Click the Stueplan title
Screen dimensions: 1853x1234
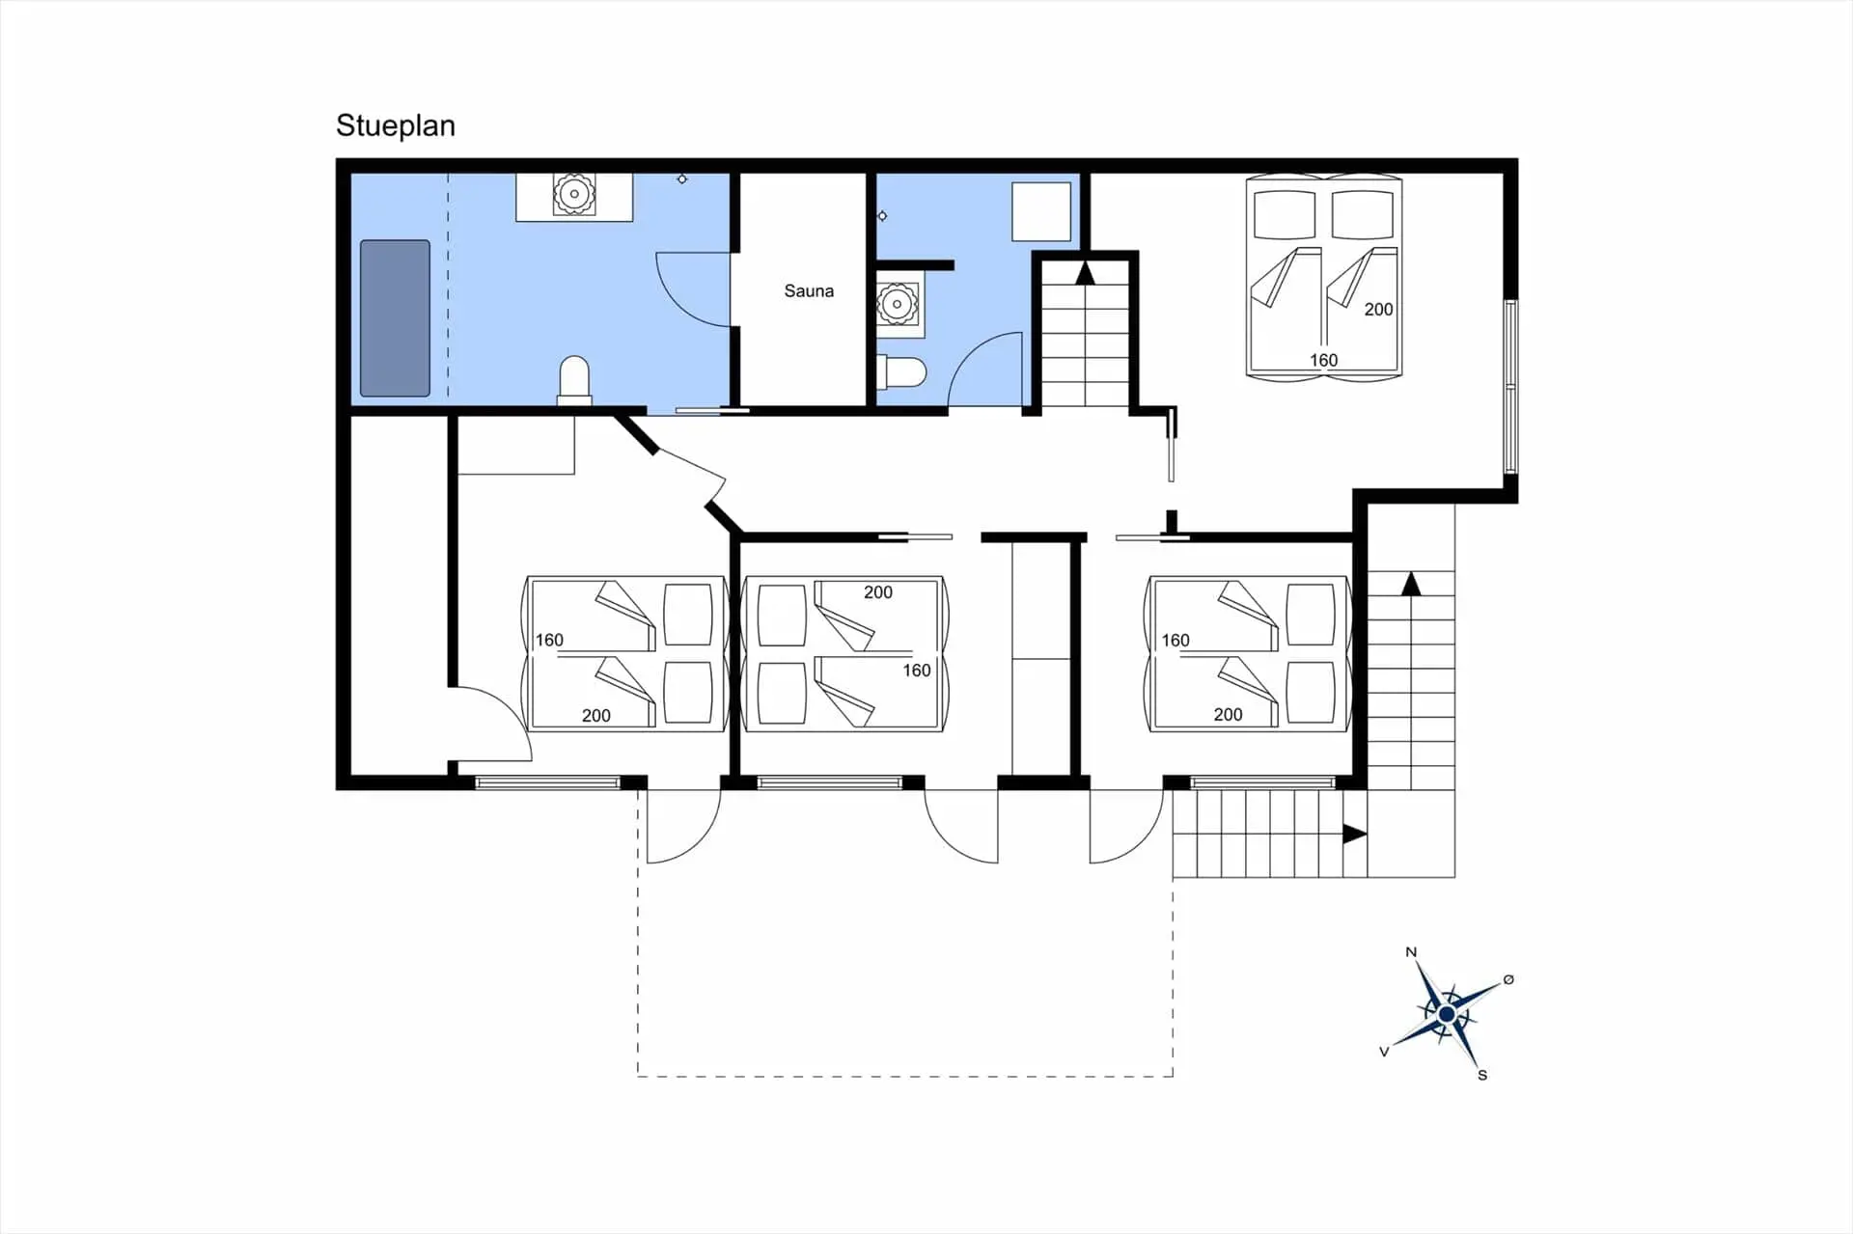[x=396, y=126]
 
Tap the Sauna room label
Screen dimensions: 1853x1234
[x=809, y=290]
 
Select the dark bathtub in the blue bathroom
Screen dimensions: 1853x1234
[x=395, y=318]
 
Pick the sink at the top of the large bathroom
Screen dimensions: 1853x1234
[x=574, y=196]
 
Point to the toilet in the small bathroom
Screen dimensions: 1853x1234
[x=901, y=371]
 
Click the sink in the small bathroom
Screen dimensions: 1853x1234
[x=898, y=304]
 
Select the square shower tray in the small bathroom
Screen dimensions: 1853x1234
[x=1041, y=211]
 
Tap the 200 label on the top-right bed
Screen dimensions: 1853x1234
[x=1378, y=309]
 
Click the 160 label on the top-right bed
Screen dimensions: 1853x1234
[x=1323, y=360]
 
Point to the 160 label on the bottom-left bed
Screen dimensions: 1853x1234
[x=549, y=640]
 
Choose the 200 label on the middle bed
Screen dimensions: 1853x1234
[x=878, y=592]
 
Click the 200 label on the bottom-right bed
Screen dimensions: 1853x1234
[x=1228, y=715]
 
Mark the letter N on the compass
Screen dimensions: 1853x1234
[x=1411, y=952]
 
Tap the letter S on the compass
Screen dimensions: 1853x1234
[x=1482, y=1075]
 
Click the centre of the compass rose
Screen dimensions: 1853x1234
[x=1447, y=1014]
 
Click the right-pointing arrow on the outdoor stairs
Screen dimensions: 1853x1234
[x=1355, y=834]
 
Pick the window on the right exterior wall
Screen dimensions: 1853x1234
[x=1511, y=386]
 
